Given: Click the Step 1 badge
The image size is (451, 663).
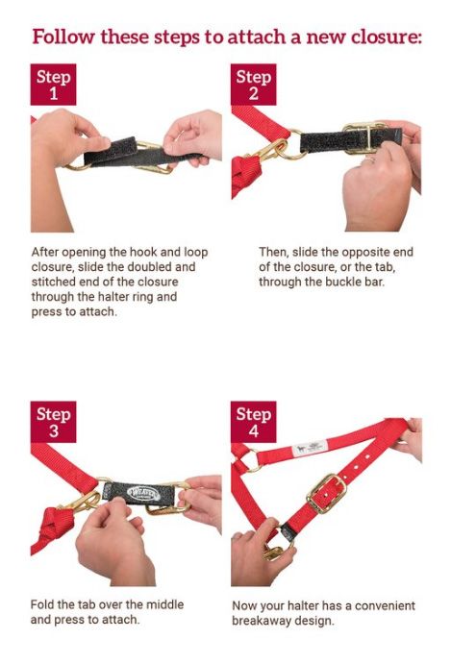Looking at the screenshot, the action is point(53,85).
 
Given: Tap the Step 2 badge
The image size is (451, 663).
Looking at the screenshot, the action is point(254,85).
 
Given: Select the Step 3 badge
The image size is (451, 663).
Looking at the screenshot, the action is point(53,422).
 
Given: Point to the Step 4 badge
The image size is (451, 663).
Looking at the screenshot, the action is point(254,422).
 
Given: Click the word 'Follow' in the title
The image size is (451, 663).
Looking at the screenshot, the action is point(63,37).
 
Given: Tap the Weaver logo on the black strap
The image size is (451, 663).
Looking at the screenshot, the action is point(144,494).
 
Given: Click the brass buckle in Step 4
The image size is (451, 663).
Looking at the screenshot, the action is point(326,494).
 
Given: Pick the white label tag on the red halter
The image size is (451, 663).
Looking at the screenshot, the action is point(310,448).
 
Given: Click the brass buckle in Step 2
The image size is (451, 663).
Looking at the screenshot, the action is point(364,137).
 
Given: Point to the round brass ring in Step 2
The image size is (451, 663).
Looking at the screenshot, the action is point(292,144).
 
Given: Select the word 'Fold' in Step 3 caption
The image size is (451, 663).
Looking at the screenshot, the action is point(41,604).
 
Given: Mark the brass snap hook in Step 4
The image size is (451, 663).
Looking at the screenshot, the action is point(275,551).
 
